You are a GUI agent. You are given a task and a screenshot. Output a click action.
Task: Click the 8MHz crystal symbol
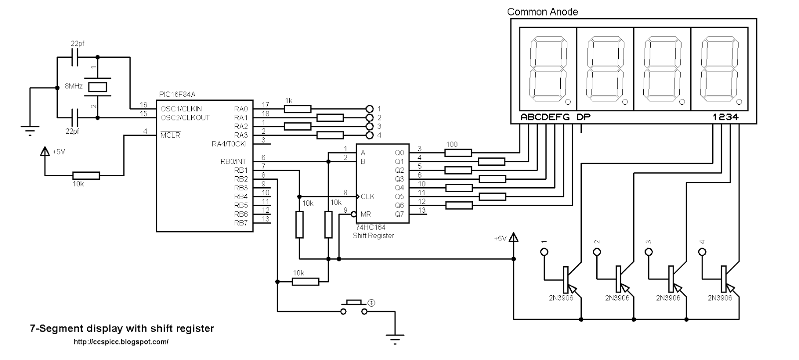[x=97, y=87]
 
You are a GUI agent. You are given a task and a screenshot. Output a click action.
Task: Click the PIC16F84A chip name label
[x=177, y=94]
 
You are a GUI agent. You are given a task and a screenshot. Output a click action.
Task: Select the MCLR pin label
[x=170, y=135]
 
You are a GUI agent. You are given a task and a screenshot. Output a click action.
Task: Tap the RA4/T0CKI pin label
[x=229, y=144]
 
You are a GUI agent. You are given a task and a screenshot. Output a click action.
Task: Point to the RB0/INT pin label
[x=233, y=162]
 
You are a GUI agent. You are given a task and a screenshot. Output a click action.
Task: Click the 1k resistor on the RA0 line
[x=298, y=109]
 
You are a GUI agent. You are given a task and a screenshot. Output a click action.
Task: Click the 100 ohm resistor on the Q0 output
[x=458, y=153]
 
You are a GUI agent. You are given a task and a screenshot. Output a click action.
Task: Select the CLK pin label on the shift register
[x=368, y=197]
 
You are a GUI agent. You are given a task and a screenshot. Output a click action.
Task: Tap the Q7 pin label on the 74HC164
[x=399, y=214]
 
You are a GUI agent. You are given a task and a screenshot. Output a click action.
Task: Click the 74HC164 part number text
[x=371, y=227]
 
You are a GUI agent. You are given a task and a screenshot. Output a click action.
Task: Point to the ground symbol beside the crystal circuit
[x=30, y=130]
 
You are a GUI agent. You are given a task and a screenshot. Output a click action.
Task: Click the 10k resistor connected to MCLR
[x=86, y=176]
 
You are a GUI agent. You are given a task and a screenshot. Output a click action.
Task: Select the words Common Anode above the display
[x=542, y=12]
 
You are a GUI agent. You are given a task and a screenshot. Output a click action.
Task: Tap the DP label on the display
[x=584, y=117]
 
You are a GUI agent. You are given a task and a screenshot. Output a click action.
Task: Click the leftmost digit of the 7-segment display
[x=548, y=69]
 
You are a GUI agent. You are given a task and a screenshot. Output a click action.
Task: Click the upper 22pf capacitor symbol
[x=75, y=57]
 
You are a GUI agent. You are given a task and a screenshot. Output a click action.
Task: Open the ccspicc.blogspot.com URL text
[x=121, y=342]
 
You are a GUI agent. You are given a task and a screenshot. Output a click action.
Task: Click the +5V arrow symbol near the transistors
[x=513, y=237]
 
